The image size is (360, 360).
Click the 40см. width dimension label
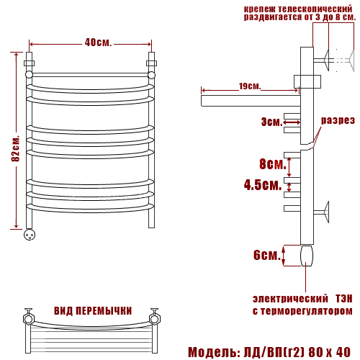98,42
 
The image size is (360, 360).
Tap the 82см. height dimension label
15,149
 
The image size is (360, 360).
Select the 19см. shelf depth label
250,86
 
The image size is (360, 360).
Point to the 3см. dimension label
272,122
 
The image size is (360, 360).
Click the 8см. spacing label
273,164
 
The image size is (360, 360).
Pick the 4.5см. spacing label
263,185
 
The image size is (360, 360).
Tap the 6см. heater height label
267,255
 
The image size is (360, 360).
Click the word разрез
338,120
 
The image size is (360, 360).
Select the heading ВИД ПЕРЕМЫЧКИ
93,311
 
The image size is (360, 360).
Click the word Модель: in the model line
214,352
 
